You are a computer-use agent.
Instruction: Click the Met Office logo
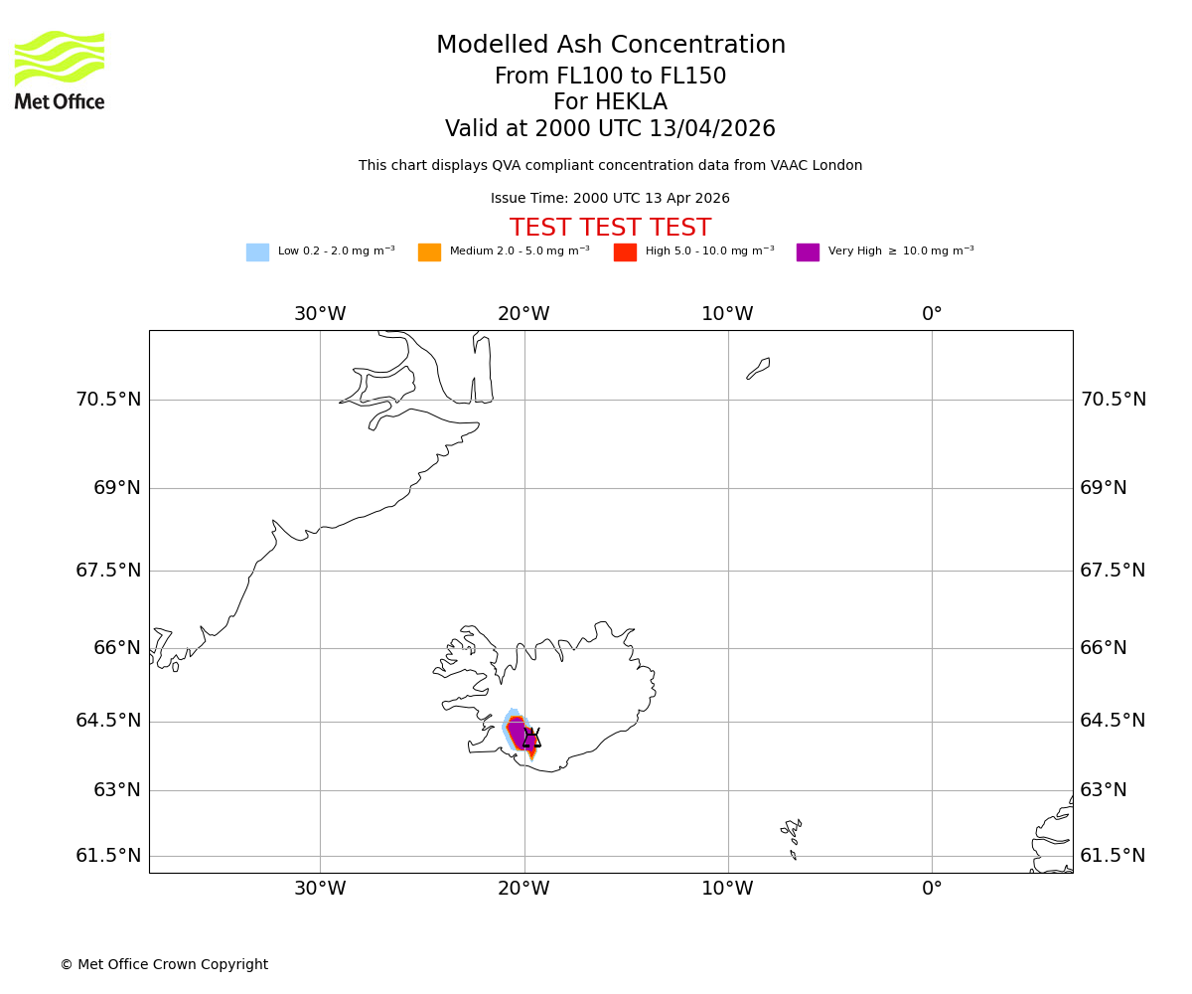[60, 70]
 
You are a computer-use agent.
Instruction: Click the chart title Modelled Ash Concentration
[610, 46]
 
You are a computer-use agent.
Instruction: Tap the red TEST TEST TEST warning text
[610, 228]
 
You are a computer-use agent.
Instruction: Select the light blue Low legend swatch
[257, 252]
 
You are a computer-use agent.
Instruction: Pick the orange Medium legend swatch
[429, 252]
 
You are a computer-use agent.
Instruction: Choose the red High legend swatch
[625, 252]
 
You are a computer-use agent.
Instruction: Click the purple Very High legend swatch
[808, 252]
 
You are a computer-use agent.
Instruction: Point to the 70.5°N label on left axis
[108, 400]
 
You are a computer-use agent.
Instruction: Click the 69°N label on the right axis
[1103, 488]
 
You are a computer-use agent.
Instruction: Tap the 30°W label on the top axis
[320, 314]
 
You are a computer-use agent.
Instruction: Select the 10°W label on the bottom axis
[727, 889]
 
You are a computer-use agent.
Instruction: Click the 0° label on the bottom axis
[932, 889]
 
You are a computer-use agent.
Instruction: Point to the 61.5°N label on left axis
[108, 856]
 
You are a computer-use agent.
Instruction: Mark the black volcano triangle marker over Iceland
[531, 739]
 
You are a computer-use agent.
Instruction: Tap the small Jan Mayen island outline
[758, 368]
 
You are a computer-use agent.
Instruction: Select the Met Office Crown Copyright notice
[164, 965]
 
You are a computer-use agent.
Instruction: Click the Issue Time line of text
[610, 199]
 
